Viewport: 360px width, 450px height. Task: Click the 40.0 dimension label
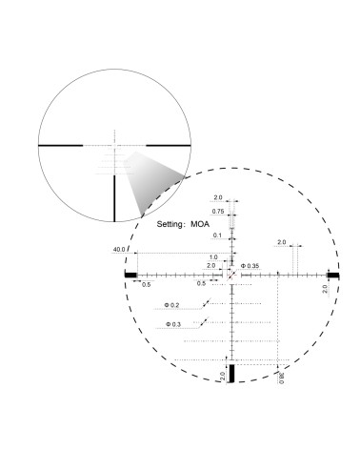[x=120, y=250]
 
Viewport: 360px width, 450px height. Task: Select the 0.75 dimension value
[x=218, y=212]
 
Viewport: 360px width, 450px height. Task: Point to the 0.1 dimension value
[x=217, y=235]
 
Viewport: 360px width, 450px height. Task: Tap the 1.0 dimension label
[x=213, y=256]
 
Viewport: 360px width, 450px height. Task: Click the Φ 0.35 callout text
[x=250, y=265]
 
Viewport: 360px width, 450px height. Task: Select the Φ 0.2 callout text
[x=172, y=305]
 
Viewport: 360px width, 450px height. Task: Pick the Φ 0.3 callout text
[x=172, y=325]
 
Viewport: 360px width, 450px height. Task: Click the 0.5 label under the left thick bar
[x=146, y=284]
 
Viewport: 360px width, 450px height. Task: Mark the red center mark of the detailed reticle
[x=231, y=275]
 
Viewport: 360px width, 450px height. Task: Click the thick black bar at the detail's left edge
[x=130, y=275]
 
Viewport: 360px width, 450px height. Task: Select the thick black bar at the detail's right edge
[x=333, y=275]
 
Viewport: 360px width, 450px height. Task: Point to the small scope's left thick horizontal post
[x=64, y=144]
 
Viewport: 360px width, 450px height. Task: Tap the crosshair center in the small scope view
[x=115, y=144]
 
